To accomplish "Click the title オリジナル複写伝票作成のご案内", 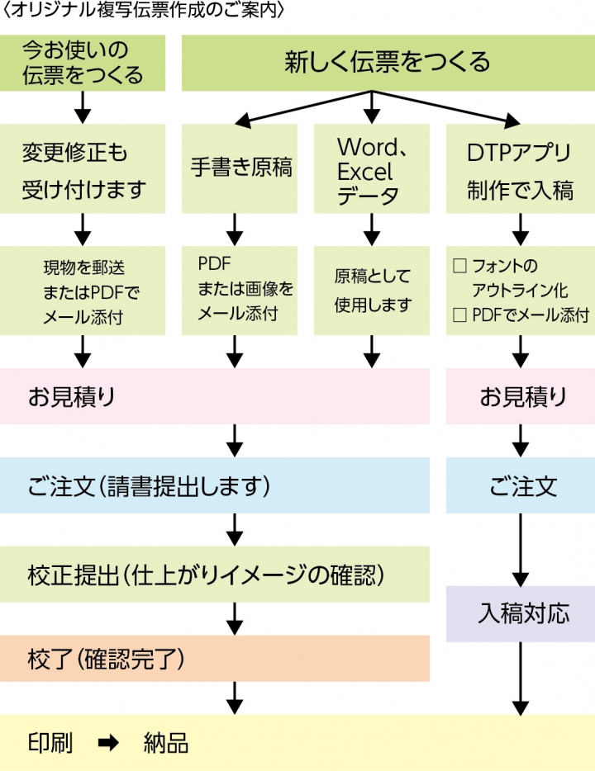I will [145, 12].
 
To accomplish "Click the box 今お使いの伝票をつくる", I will [83, 63].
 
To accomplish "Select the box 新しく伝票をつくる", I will [388, 63].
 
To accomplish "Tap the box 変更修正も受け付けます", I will [83, 171].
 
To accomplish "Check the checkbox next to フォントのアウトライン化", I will [460, 267].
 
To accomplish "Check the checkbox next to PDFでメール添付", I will [460, 315].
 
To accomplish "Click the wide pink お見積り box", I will [215, 396].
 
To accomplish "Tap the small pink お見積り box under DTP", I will [520, 396].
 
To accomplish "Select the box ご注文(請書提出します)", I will [215, 487].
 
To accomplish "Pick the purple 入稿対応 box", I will [520, 613].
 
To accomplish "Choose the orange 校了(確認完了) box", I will [215, 658].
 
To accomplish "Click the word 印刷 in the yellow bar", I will [50, 743].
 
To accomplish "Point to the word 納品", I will [165, 743].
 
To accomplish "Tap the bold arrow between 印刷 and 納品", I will [108, 743].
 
